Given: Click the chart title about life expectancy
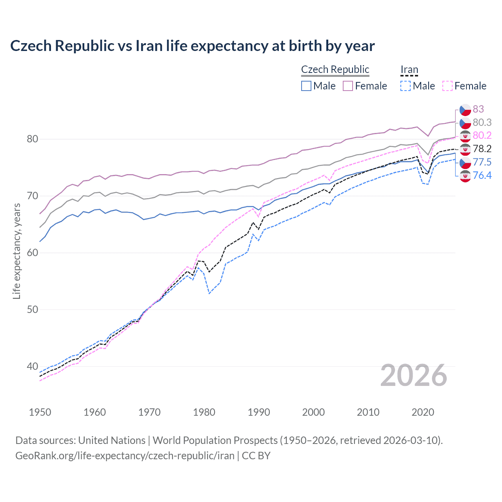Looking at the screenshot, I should (x=192, y=46).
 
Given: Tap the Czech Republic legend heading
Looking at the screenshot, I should (x=335, y=69).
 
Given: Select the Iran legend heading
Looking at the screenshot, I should (x=409, y=69).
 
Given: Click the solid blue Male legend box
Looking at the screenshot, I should (x=306, y=86).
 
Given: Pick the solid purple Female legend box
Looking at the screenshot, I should (x=348, y=86).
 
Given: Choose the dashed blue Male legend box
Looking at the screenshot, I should (x=406, y=86).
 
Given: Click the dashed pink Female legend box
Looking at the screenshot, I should (x=447, y=86).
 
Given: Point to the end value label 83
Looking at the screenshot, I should (x=478, y=109).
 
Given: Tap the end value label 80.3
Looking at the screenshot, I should (x=482, y=123).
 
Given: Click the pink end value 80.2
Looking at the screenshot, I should (x=482, y=136).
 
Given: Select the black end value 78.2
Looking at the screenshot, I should (x=482, y=149).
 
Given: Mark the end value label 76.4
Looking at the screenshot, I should (x=482, y=175).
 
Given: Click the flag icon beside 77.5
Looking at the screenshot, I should (x=465, y=162).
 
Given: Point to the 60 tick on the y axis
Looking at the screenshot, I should (x=33, y=253).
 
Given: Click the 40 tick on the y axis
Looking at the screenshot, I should (x=33, y=366).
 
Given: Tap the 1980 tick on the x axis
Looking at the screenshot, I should (x=204, y=412).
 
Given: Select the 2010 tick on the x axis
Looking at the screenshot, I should (x=368, y=412).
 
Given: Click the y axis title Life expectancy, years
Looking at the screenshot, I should (x=16, y=251).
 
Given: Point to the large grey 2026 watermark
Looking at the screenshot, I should (x=413, y=376).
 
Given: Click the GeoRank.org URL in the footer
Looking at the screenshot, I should (x=125, y=456).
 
